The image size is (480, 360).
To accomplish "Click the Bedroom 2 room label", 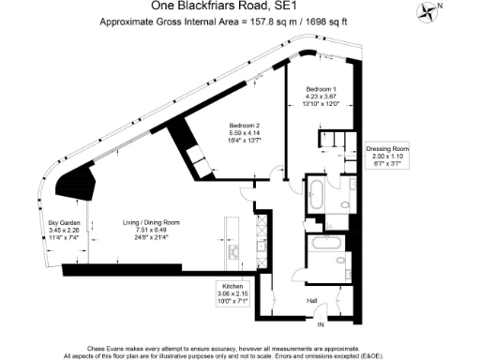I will click(245, 126).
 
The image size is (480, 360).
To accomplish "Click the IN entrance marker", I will click(320, 324).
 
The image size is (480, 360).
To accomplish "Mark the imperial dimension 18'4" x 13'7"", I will click(245, 140).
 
